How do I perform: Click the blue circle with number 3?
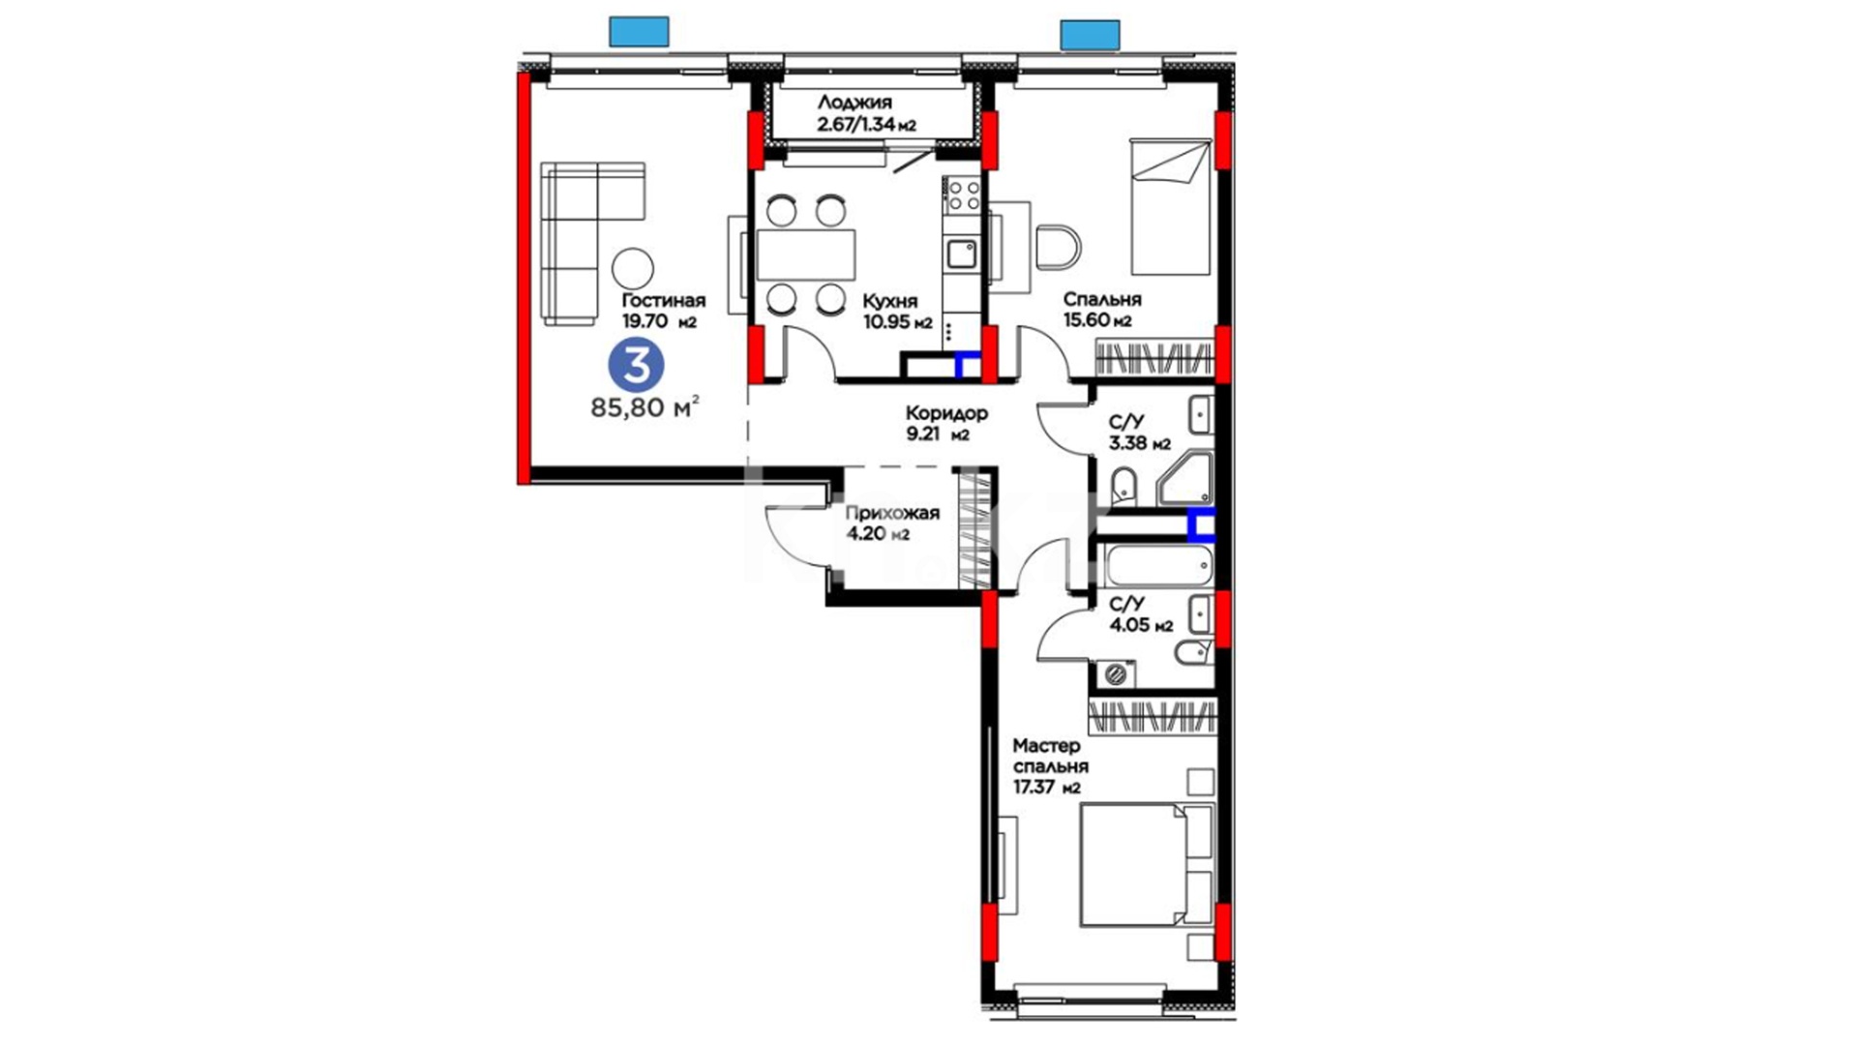coord(636,366)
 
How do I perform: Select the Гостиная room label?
coord(664,301)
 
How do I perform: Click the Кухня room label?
coord(890,301)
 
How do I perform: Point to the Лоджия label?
coord(854,103)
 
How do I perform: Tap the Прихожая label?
coord(892,513)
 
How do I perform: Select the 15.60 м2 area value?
coord(1097,321)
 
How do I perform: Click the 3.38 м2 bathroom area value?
coord(1140,444)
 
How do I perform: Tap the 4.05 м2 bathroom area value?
coord(1142,625)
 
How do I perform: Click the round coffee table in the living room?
coord(633,267)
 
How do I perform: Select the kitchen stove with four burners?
coord(963,194)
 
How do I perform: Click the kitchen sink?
coord(961,254)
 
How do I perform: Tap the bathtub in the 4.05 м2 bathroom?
coord(1158,565)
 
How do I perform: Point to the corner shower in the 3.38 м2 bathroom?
coord(1186,477)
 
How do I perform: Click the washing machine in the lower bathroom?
coord(1118,673)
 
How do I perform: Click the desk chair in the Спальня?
coord(1058,247)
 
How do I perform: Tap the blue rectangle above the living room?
coord(639,32)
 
